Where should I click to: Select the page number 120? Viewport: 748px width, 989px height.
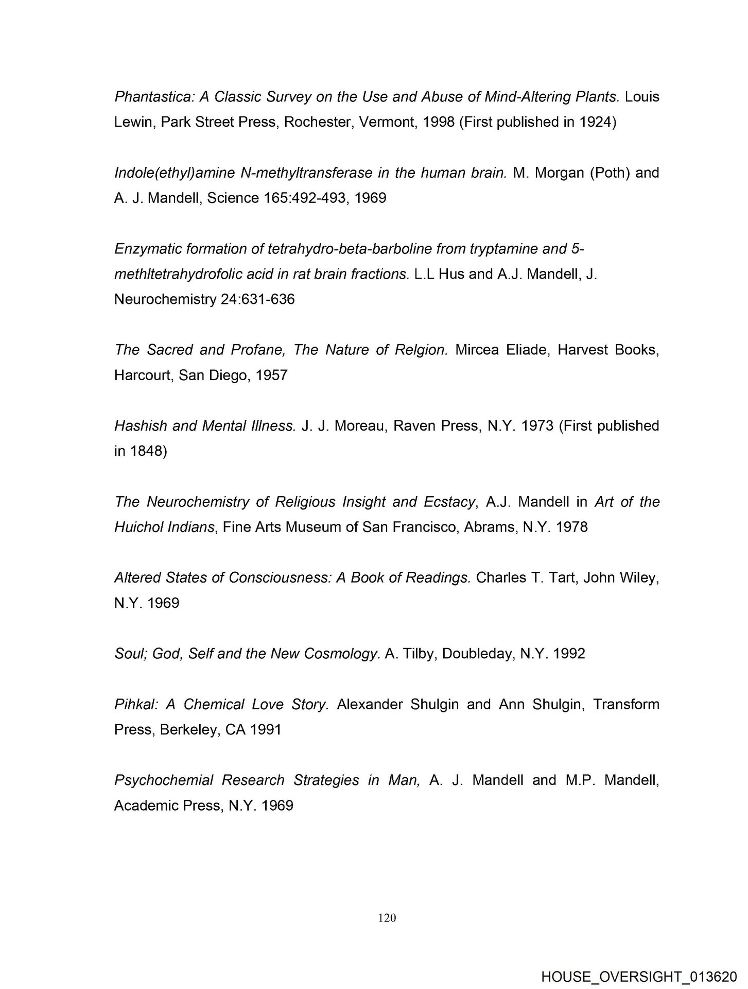(387, 917)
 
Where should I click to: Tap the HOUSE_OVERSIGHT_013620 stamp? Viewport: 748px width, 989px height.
(639, 976)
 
